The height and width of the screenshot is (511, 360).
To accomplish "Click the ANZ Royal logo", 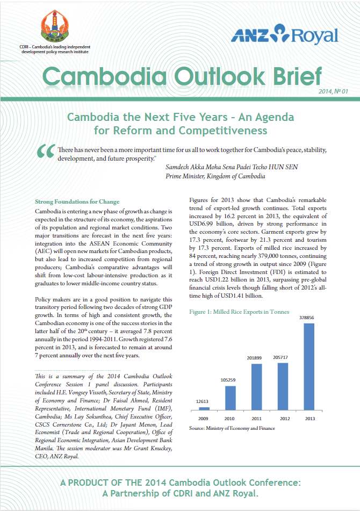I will click(x=285, y=36).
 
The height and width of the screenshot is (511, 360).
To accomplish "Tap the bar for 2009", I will click(x=203, y=408).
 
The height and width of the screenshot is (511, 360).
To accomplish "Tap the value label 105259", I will click(x=230, y=379).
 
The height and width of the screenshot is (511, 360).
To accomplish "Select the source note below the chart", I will click(x=232, y=428).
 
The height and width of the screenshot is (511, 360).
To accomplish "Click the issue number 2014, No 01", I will click(x=333, y=92).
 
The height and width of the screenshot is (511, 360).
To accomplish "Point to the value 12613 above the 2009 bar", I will click(x=203, y=401).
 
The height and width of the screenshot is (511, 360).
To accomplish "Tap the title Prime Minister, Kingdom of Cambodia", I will click(x=215, y=176).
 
